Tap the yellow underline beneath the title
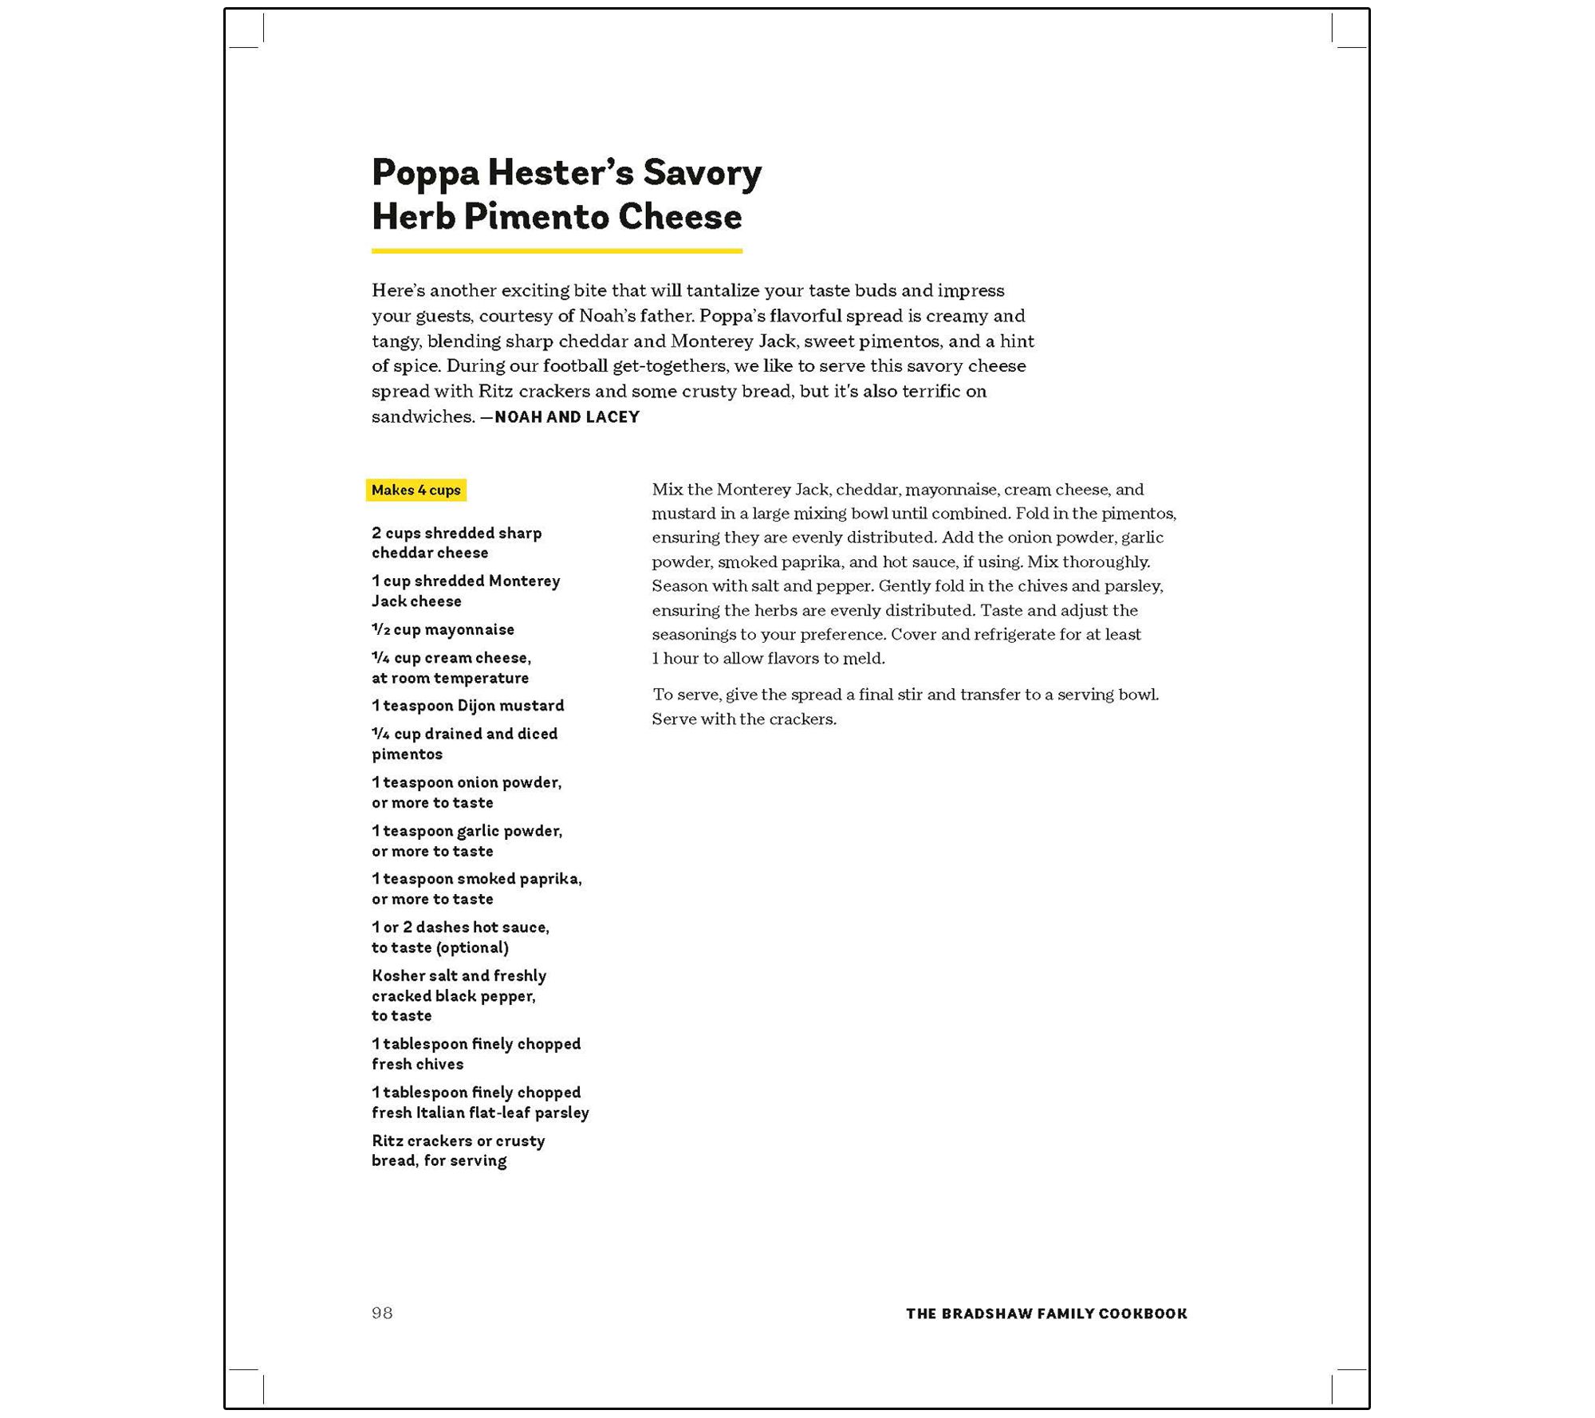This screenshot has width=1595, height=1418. tap(557, 251)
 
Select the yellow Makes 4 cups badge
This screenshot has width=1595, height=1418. tap(415, 490)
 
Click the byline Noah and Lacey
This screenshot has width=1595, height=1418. tap(566, 417)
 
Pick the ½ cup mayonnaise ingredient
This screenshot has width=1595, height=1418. tap(443, 629)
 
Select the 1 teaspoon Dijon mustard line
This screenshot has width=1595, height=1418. tap(467, 706)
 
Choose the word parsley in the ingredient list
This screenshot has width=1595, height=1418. tap(561, 1113)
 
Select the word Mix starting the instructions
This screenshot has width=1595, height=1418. tap(667, 489)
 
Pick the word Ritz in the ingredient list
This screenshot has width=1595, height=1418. tap(388, 1141)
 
